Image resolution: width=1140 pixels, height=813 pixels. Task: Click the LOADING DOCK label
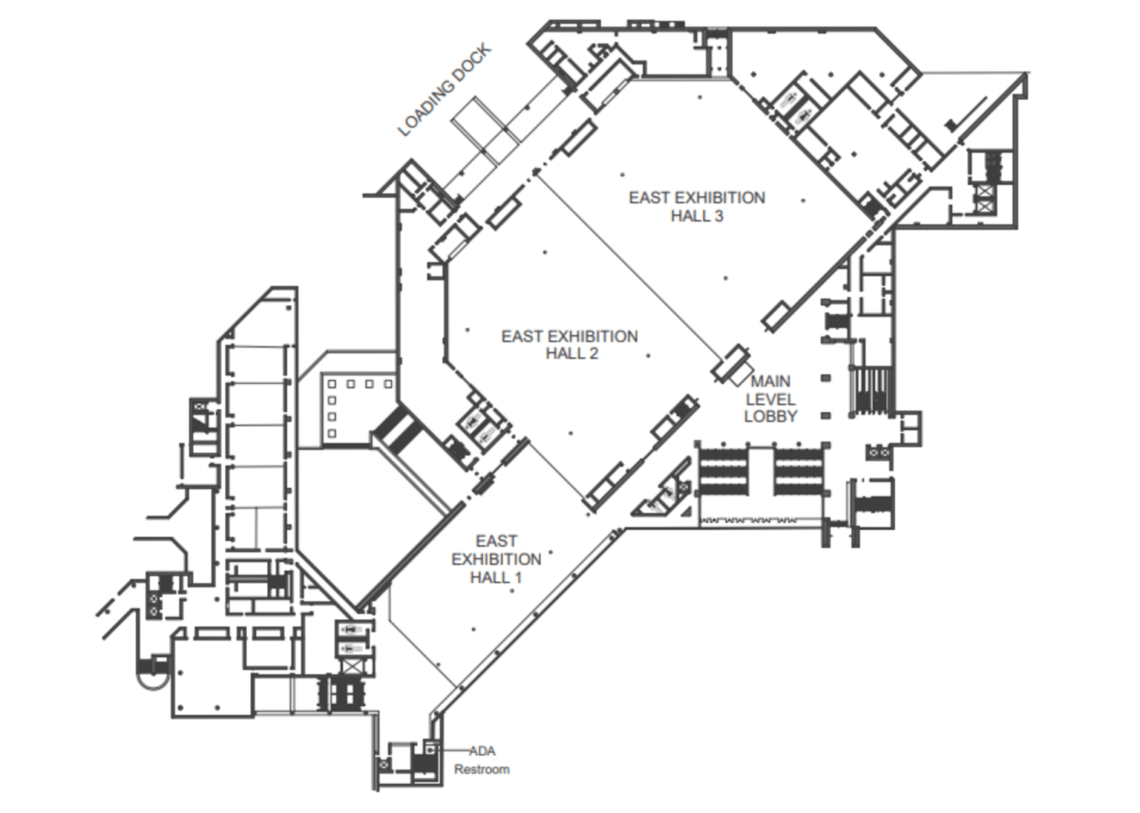point(445,91)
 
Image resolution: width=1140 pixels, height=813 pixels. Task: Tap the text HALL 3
point(696,216)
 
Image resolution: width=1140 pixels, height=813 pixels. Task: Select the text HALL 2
point(571,354)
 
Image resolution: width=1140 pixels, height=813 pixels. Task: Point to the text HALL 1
point(496,578)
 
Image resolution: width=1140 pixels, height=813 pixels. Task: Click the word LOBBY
point(770,417)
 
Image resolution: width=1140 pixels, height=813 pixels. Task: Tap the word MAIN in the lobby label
point(770,382)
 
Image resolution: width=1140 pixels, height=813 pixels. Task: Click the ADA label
point(482,751)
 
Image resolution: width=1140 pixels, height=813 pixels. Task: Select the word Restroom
point(482,769)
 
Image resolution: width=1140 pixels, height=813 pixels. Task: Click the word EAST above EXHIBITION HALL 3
point(650,198)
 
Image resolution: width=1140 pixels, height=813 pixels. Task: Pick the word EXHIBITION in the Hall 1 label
point(496,559)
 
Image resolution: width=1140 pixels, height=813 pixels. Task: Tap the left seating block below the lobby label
point(723,472)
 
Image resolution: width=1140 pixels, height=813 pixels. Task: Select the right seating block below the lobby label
point(798,472)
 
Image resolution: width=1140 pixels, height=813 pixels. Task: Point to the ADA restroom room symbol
point(429,750)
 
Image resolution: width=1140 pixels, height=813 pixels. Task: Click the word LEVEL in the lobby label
point(770,399)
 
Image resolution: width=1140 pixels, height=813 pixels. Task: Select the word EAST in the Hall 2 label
point(522,337)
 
